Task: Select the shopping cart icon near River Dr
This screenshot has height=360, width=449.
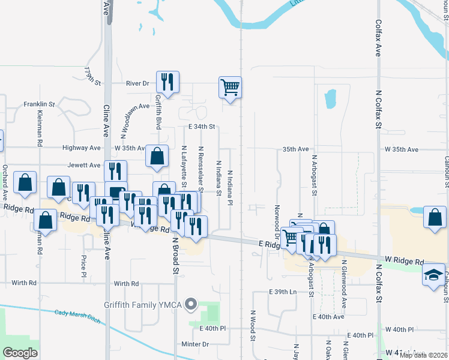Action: (x=230, y=88)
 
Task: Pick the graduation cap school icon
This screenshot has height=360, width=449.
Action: (x=433, y=275)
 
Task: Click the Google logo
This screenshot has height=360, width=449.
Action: (x=20, y=353)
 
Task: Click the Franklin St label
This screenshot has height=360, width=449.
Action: (x=39, y=104)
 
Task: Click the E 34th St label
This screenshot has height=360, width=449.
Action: (x=201, y=127)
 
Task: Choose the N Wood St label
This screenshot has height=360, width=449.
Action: (x=253, y=326)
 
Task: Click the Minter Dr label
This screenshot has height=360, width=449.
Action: (x=195, y=344)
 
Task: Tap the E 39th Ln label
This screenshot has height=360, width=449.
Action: (x=283, y=292)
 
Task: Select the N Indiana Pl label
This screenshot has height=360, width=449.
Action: (x=230, y=187)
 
